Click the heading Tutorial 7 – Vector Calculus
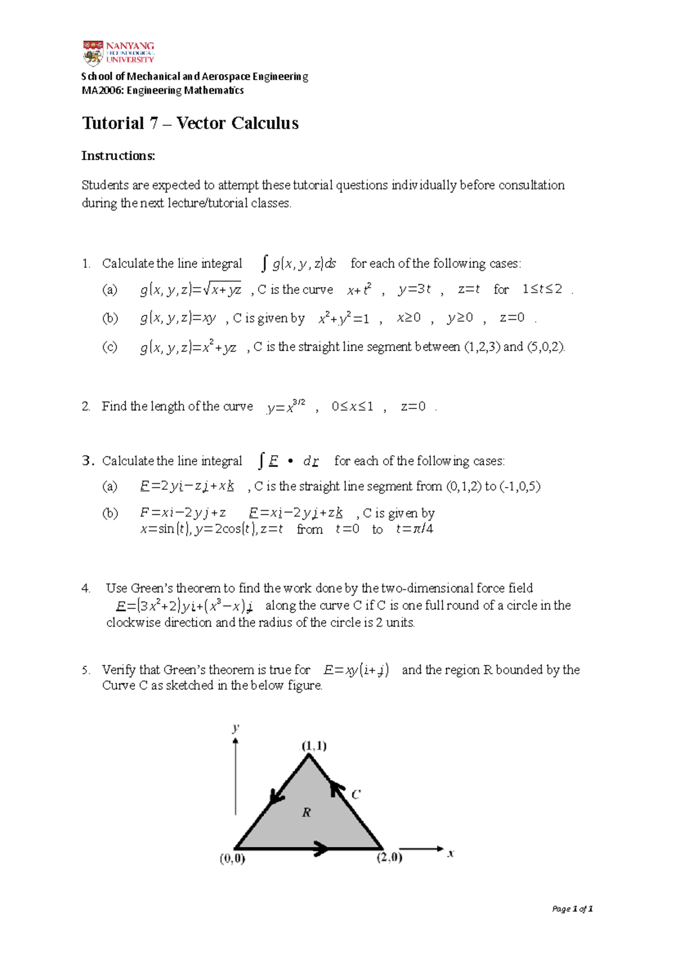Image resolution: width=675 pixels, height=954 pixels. [x=190, y=123]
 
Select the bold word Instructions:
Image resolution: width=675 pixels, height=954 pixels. [x=118, y=156]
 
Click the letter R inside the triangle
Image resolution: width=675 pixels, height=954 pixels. [x=307, y=812]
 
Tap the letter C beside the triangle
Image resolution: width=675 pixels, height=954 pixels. [x=355, y=794]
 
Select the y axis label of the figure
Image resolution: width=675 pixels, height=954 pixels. [x=236, y=728]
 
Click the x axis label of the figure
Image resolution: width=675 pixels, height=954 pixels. [x=451, y=853]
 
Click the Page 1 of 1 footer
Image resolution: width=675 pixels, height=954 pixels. [x=572, y=908]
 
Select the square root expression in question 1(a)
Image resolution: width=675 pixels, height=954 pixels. [x=222, y=289]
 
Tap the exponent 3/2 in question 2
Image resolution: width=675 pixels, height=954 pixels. [x=299, y=402]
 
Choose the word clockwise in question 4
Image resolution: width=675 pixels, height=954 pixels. [x=133, y=623]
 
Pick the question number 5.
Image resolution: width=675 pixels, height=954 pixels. [x=85, y=670]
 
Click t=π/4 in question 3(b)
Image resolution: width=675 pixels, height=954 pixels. [x=415, y=529]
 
